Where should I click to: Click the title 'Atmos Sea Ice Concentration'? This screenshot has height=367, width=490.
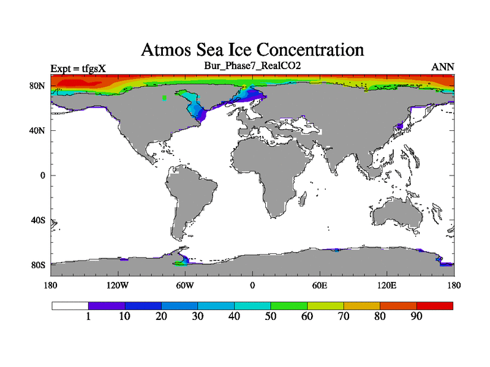(252, 50)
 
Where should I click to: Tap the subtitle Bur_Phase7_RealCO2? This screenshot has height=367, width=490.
(252, 65)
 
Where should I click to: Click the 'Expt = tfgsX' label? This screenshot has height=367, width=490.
(78, 68)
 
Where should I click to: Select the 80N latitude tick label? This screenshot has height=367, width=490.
(38, 86)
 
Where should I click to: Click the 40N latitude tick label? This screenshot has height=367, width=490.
(38, 130)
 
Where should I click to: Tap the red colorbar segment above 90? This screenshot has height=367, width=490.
(435, 305)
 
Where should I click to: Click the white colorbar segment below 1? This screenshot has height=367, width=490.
(70, 305)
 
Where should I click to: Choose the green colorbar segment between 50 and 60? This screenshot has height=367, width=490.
(288, 305)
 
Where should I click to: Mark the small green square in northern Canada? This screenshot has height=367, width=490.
(164, 98)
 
